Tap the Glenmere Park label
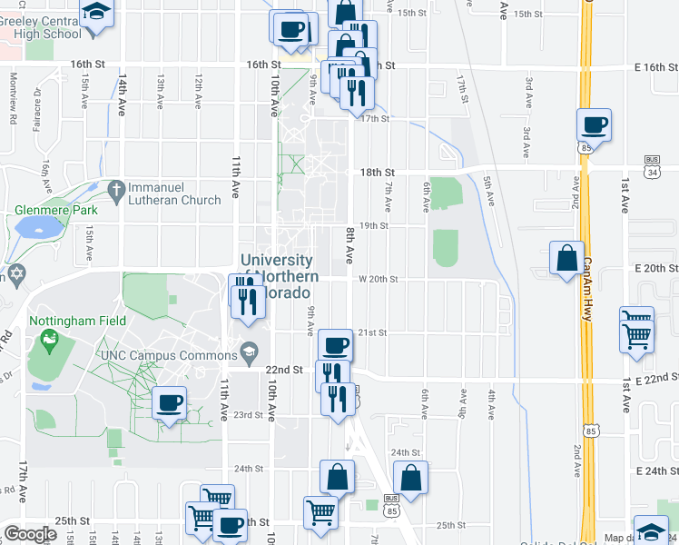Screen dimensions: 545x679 [x=55, y=210]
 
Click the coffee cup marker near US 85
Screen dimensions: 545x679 [x=594, y=124]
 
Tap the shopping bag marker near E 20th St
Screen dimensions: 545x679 [x=567, y=257]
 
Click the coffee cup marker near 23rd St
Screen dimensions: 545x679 [x=169, y=402]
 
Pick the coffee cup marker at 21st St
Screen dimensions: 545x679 [x=335, y=345]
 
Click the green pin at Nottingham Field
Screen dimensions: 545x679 [x=48, y=343]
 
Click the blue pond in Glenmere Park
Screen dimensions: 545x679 [x=35, y=226]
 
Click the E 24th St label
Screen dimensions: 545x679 [x=657, y=471]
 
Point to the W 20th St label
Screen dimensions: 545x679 [x=379, y=280]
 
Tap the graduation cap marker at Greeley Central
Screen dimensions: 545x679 [x=95, y=14]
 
